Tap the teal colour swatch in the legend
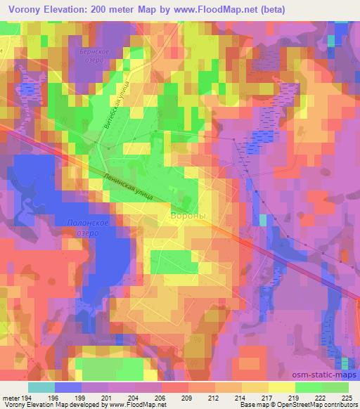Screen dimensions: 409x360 click(x=42, y=387)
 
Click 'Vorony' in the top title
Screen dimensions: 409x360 click(x=21, y=8)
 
